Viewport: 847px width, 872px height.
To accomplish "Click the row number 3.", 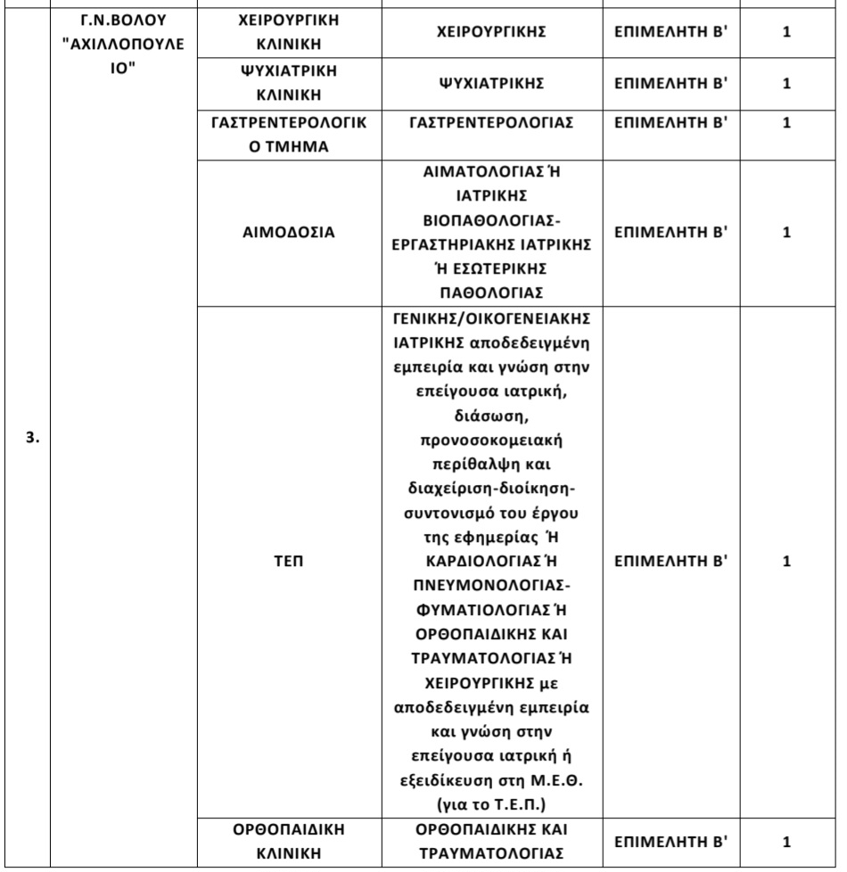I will [30, 440].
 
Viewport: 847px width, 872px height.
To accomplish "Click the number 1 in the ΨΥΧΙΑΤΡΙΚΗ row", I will [786, 83].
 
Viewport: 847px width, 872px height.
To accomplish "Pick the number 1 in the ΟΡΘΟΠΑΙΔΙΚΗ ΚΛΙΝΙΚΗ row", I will [786, 842].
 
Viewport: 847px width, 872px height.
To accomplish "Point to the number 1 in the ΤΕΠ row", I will [786, 563].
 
